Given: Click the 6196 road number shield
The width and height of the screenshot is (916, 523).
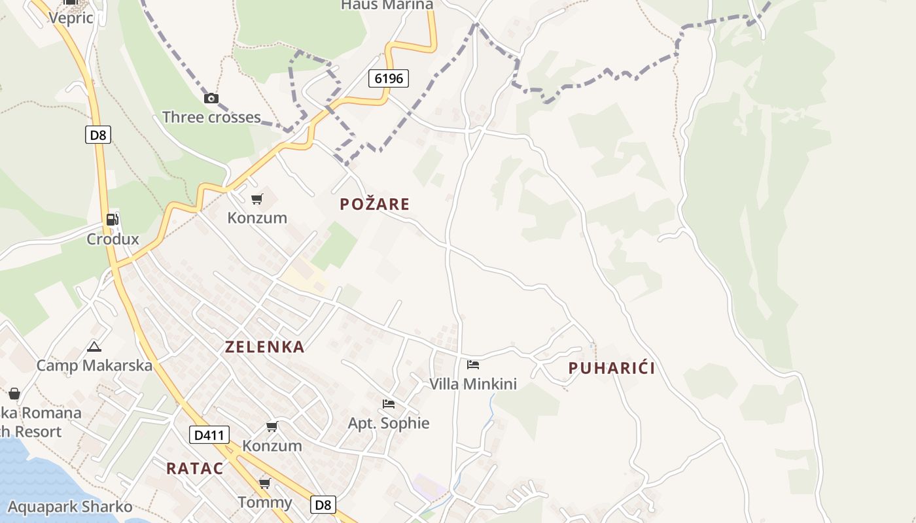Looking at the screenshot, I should tap(388, 78).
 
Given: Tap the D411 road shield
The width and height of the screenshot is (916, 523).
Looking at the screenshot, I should tap(209, 435).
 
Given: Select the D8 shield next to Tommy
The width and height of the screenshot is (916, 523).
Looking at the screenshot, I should tap(323, 505).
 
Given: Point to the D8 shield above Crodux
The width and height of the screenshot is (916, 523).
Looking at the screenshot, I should tap(97, 135).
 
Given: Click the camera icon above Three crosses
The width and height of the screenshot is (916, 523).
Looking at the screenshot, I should tap(211, 99).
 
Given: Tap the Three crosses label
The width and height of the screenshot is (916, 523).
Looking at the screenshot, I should tap(211, 118).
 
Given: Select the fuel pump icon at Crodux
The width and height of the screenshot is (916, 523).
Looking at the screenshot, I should tap(113, 220).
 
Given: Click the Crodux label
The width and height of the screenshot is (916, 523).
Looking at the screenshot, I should tap(113, 239).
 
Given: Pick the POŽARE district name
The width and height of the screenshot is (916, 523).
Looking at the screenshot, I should tap(374, 204).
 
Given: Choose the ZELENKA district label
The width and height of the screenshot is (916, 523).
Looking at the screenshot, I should tap(265, 347).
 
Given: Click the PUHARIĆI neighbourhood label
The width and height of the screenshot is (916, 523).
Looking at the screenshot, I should tap(612, 368).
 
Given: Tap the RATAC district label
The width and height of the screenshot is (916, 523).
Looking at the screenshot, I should tap(194, 469).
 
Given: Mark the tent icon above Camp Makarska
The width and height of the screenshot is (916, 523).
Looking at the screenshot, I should tap(94, 346).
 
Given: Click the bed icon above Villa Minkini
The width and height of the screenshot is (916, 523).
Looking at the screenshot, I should tap(473, 365).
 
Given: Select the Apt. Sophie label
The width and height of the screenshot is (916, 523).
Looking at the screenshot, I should tap(389, 424).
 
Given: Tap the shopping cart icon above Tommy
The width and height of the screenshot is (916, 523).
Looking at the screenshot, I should tap(264, 484).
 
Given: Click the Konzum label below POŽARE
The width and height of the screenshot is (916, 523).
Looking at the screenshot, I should tap(257, 218).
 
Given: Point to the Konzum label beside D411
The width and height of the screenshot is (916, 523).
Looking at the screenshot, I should tap(272, 446).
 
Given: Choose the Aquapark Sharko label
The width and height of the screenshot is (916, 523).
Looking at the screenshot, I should tap(70, 507).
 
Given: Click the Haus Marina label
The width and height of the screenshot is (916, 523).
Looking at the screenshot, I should tap(387, 5).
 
